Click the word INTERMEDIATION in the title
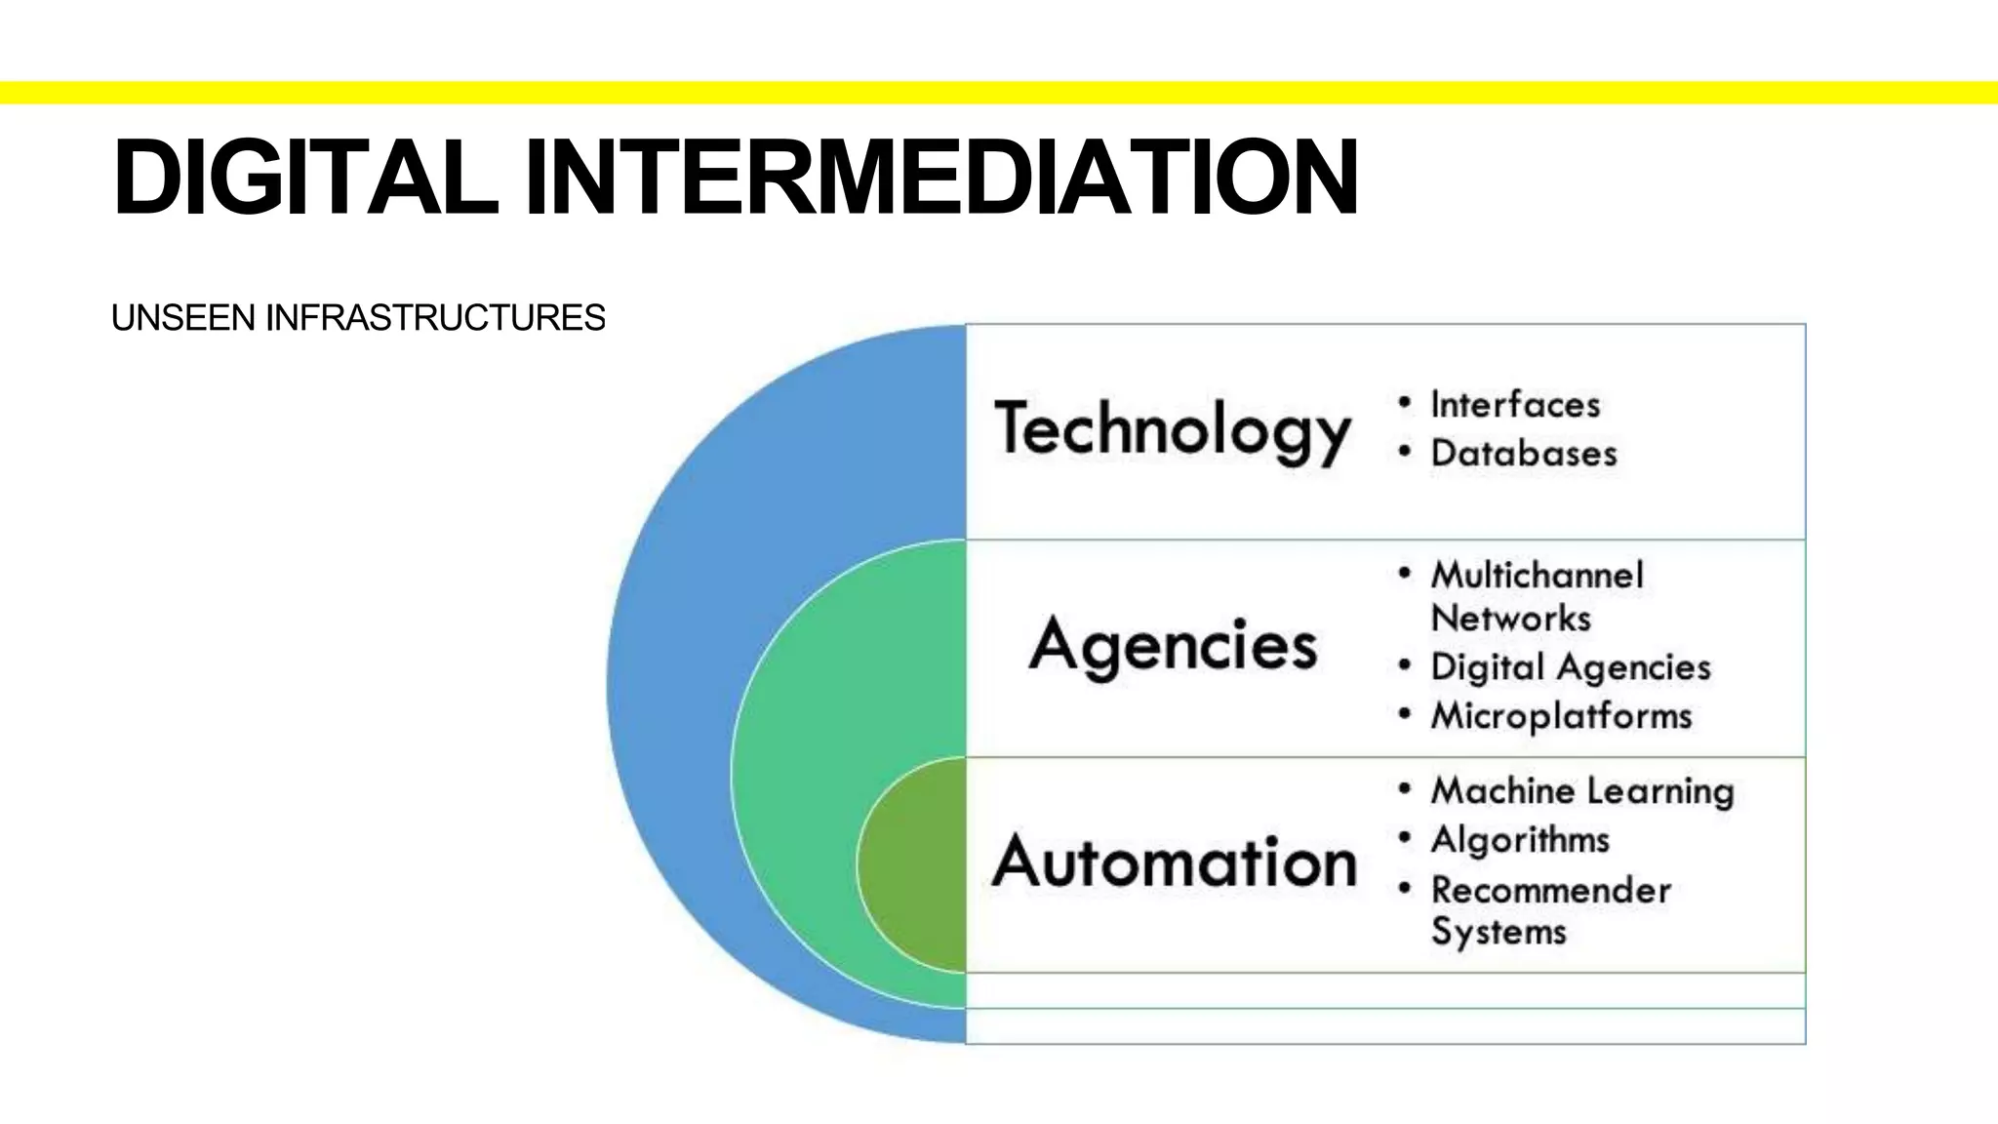click(940, 178)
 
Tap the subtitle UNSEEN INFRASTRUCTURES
click(358, 318)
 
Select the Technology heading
click(1173, 430)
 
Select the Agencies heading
click(1173, 645)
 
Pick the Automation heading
click(1175, 862)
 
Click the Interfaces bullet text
click(1515, 404)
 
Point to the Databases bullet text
click(1523, 453)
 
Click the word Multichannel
click(1537, 575)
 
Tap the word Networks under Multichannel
click(1510, 618)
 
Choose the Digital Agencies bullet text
click(1571, 667)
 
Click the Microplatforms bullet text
click(1561, 715)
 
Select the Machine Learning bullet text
click(1581, 790)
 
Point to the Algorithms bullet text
click(1520, 839)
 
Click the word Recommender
click(1550, 890)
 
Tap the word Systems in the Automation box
click(1498, 931)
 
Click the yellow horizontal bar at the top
click(999, 93)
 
